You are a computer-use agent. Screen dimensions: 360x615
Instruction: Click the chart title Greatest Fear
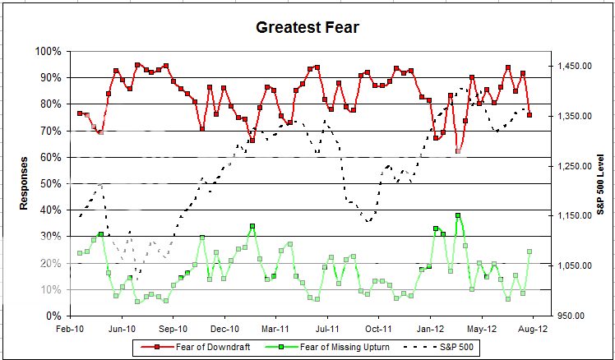(307, 28)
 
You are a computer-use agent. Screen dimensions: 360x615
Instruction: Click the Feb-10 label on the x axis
(72, 329)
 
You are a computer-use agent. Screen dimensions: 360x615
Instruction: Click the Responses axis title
(25, 182)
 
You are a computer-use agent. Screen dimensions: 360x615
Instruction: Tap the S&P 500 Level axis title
(601, 182)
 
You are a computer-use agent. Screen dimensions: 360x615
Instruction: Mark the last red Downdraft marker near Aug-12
(529, 115)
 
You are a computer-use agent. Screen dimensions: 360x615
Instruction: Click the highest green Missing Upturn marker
(458, 216)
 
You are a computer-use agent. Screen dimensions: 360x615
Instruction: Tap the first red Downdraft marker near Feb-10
(80, 113)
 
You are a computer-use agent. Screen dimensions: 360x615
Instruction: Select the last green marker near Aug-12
(529, 252)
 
